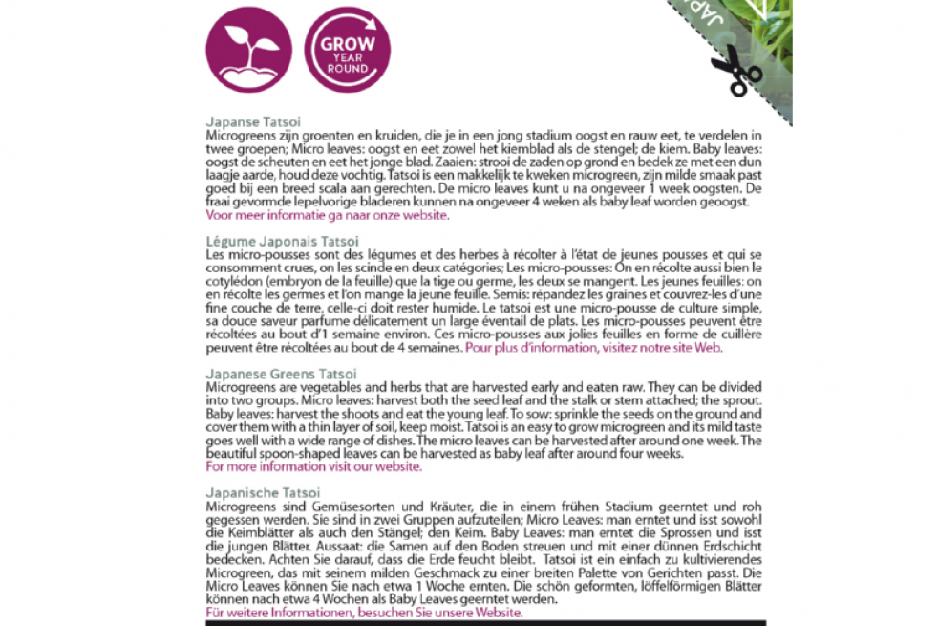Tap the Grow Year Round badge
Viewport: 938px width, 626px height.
[347, 51]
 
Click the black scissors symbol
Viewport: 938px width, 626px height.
[736, 68]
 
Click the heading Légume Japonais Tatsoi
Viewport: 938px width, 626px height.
[283, 242]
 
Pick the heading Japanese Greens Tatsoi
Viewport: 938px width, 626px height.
[282, 374]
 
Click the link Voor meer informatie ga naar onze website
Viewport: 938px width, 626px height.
[327, 216]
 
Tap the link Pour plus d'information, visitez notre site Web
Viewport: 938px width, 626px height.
[594, 348]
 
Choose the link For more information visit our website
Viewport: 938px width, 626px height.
[314, 467]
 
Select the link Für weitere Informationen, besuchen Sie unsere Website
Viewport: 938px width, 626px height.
[364, 612]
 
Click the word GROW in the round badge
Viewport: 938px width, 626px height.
[347, 44]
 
